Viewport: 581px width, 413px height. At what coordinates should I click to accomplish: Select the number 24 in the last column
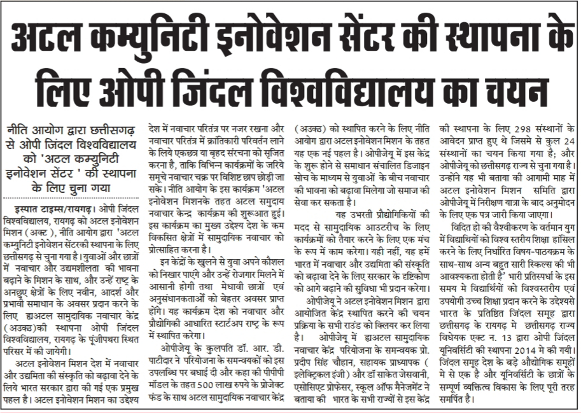click(570, 138)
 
